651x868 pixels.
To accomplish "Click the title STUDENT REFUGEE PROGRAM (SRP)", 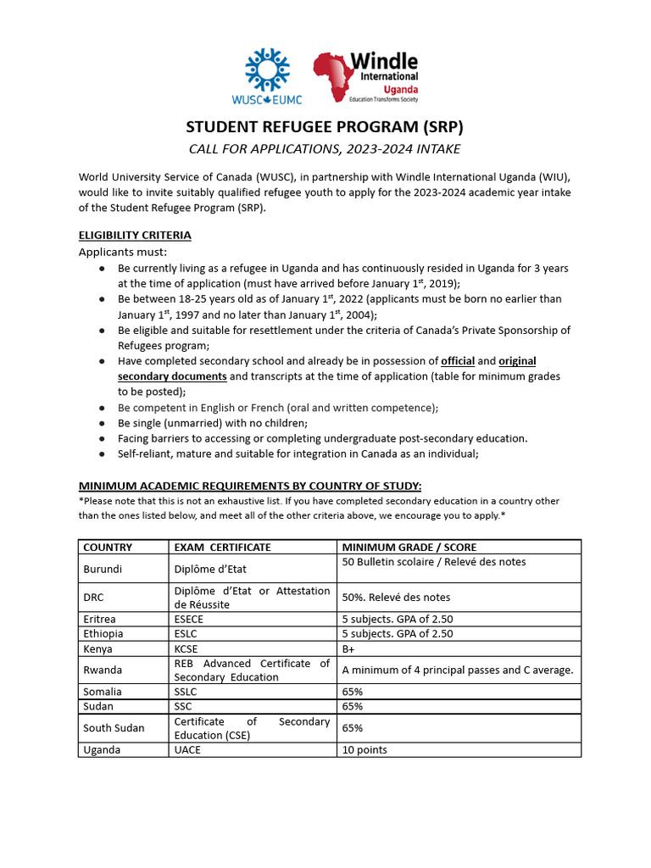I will (325, 128).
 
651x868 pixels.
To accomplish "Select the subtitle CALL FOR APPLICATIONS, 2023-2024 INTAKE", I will (325, 150).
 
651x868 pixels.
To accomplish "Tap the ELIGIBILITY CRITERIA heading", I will (135, 235).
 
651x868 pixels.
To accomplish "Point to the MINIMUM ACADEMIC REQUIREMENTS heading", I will (249, 486).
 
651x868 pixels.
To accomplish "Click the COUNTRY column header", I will (108, 548).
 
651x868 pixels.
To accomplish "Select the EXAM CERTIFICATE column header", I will (222, 548).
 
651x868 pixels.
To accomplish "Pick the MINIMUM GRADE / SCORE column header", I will (409, 548).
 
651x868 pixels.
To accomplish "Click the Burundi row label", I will (103, 569).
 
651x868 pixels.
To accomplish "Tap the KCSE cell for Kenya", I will (187, 648).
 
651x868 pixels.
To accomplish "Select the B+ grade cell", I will (348, 648).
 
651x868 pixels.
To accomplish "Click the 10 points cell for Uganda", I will (364, 750).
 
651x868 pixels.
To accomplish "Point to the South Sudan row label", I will (114, 728).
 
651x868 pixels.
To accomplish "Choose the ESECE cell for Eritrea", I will (189, 619).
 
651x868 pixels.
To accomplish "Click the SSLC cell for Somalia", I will (186, 692).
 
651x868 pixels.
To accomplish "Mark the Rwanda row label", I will (103, 670).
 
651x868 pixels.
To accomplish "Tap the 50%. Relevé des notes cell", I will (396, 598).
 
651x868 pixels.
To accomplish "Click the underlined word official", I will (458, 361).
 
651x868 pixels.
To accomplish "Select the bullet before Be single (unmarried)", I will (102, 423).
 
